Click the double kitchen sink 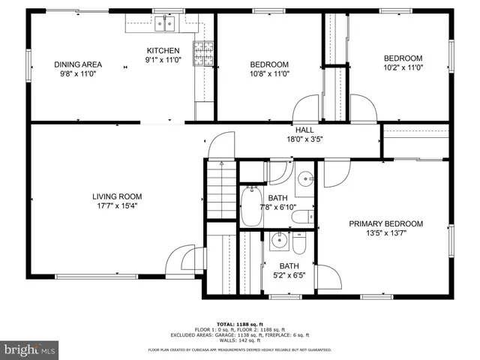[x=165, y=25]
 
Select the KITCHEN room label [x=163, y=50]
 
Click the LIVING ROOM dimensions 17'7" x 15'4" [x=116, y=205]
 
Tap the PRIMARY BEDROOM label [x=383, y=223]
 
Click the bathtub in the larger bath [x=251, y=206]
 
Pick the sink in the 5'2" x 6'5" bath [x=279, y=241]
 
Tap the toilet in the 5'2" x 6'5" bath [x=299, y=245]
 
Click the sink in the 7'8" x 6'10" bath [x=304, y=179]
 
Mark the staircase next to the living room [x=220, y=190]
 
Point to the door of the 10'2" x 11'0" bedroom [x=362, y=109]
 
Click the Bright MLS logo [x=30, y=349]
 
